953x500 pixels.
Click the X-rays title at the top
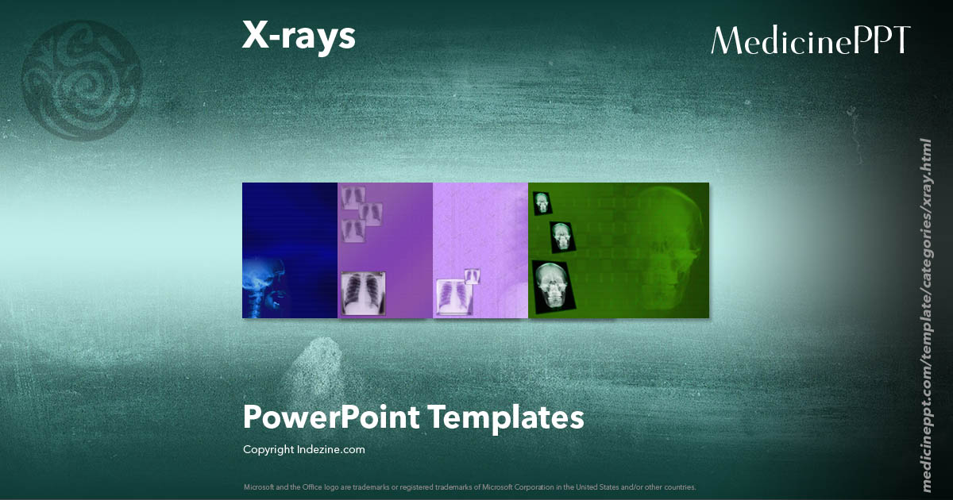coord(299,37)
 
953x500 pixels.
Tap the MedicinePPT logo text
coord(811,40)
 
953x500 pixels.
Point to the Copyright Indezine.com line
coord(304,449)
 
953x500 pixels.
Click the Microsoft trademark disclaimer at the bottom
coord(470,487)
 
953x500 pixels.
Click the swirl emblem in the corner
coord(82,80)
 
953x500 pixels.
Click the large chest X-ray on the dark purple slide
coord(364,293)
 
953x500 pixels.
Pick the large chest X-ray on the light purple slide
coord(453,297)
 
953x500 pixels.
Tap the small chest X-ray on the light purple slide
coord(472,275)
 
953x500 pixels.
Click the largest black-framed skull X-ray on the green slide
coord(552,286)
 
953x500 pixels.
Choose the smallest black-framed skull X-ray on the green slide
coord(542,202)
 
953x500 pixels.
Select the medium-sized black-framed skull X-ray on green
coord(562,236)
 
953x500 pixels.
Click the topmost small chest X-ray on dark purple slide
coord(353,196)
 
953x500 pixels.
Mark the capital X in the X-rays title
coord(256,37)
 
